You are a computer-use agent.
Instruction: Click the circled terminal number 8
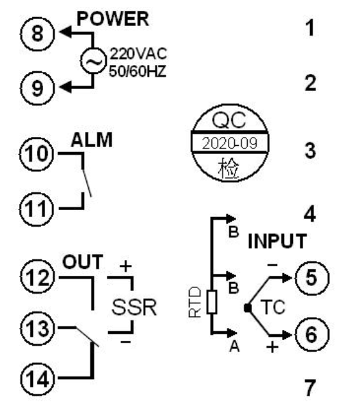[x=38, y=34]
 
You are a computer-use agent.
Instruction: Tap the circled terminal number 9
[x=38, y=88]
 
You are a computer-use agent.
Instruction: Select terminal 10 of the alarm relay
[x=36, y=154]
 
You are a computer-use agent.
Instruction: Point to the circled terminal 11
[x=36, y=209]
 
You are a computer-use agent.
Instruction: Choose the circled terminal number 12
[x=38, y=277]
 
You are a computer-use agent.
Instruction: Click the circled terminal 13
[x=38, y=328]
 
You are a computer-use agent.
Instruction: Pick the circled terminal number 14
[x=38, y=379]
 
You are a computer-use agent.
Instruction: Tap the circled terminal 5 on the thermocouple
[x=311, y=278]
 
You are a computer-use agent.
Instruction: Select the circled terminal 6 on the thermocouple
[x=311, y=334]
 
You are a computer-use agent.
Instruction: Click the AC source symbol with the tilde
[x=93, y=61]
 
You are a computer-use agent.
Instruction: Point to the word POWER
[x=113, y=19]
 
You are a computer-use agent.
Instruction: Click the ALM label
[x=92, y=140]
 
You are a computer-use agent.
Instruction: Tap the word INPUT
[x=277, y=241]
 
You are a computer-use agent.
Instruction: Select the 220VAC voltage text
[x=138, y=54]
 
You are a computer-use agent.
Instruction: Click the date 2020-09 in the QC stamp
[x=229, y=143]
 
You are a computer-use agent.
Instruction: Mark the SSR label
[x=134, y=307]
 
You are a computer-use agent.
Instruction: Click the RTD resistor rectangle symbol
[x=211, y=302]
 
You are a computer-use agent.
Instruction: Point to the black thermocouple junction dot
[x=247, y=308]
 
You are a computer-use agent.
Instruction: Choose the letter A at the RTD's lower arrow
[x=235, y=346]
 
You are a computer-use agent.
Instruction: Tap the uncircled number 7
[x=310, y=388]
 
